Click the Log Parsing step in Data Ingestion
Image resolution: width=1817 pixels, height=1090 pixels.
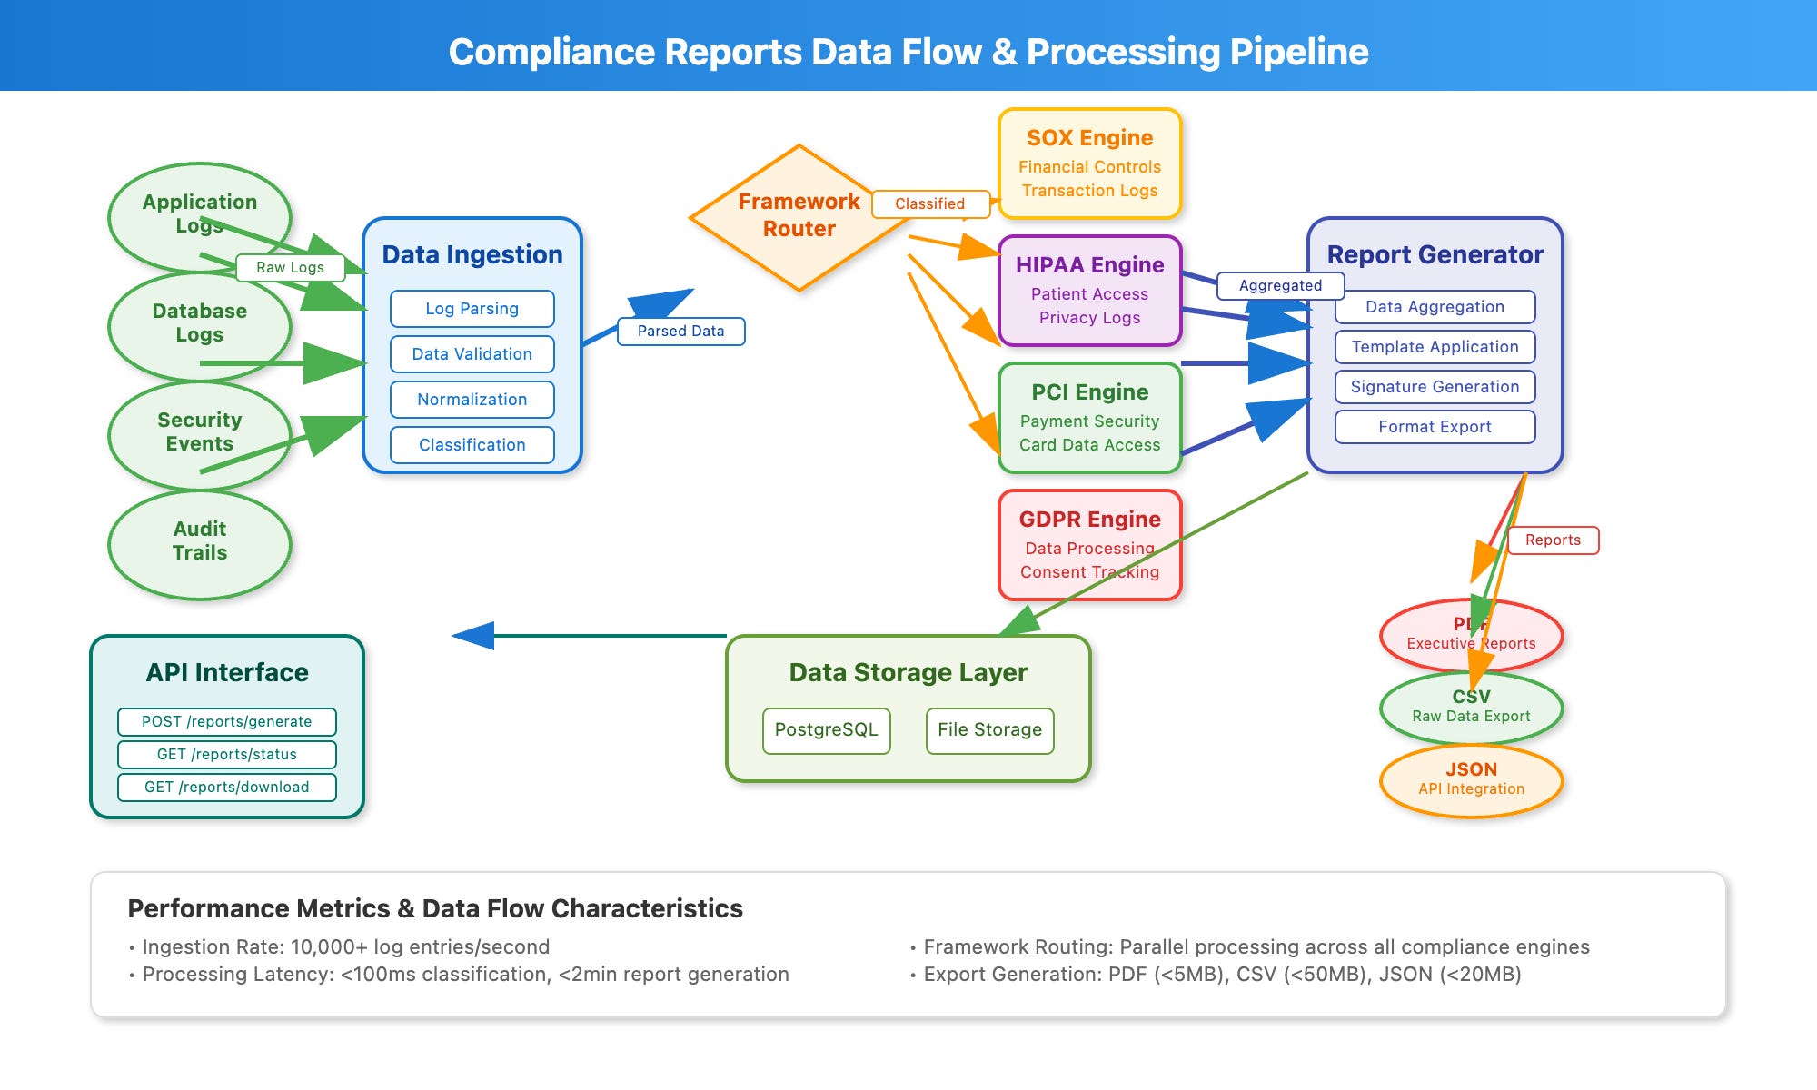pyautogui.click(x=472, y=309)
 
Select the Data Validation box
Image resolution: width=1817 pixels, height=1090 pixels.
pyautogui.click(x=472, y=354)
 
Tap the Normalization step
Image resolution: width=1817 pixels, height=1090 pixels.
pyautogui.click(x=472, y=400)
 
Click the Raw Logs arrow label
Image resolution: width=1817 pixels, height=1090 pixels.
pyautogui.click(x=290, y=268)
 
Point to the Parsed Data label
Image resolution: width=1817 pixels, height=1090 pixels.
pyautogui.click(x=680, y=332)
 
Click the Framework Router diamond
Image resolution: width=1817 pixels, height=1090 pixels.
pyautogui.click(x=799, y=216)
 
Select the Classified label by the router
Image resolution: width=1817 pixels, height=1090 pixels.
pyautogui.click(x=929, y=204)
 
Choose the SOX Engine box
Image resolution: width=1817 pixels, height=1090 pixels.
pyautogui.click(x=1089, y=163)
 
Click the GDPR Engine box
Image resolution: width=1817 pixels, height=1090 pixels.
pyautogui.click(x=1089, y=545)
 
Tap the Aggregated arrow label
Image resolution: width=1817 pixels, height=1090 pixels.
pyautogui.click(x=1280, y=286)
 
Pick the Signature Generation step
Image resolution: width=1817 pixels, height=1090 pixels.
pyautogui.click(x=1435, y=387)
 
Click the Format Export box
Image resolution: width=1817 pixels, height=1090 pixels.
pyautogui.click(x=1435, y=427)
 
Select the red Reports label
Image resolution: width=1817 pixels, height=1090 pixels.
pyautogui.click(x=1553, y=540)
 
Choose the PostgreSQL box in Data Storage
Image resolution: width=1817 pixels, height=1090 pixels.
pyautogui.click(x=826, y=730)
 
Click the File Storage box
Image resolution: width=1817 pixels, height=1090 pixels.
pyautogui.click(x=989, y=730)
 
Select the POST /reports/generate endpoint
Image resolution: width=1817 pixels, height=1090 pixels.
pyautogui.click(x=226, y=722)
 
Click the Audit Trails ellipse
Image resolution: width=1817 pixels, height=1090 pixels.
pyautogui.click(x=200, y=542)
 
